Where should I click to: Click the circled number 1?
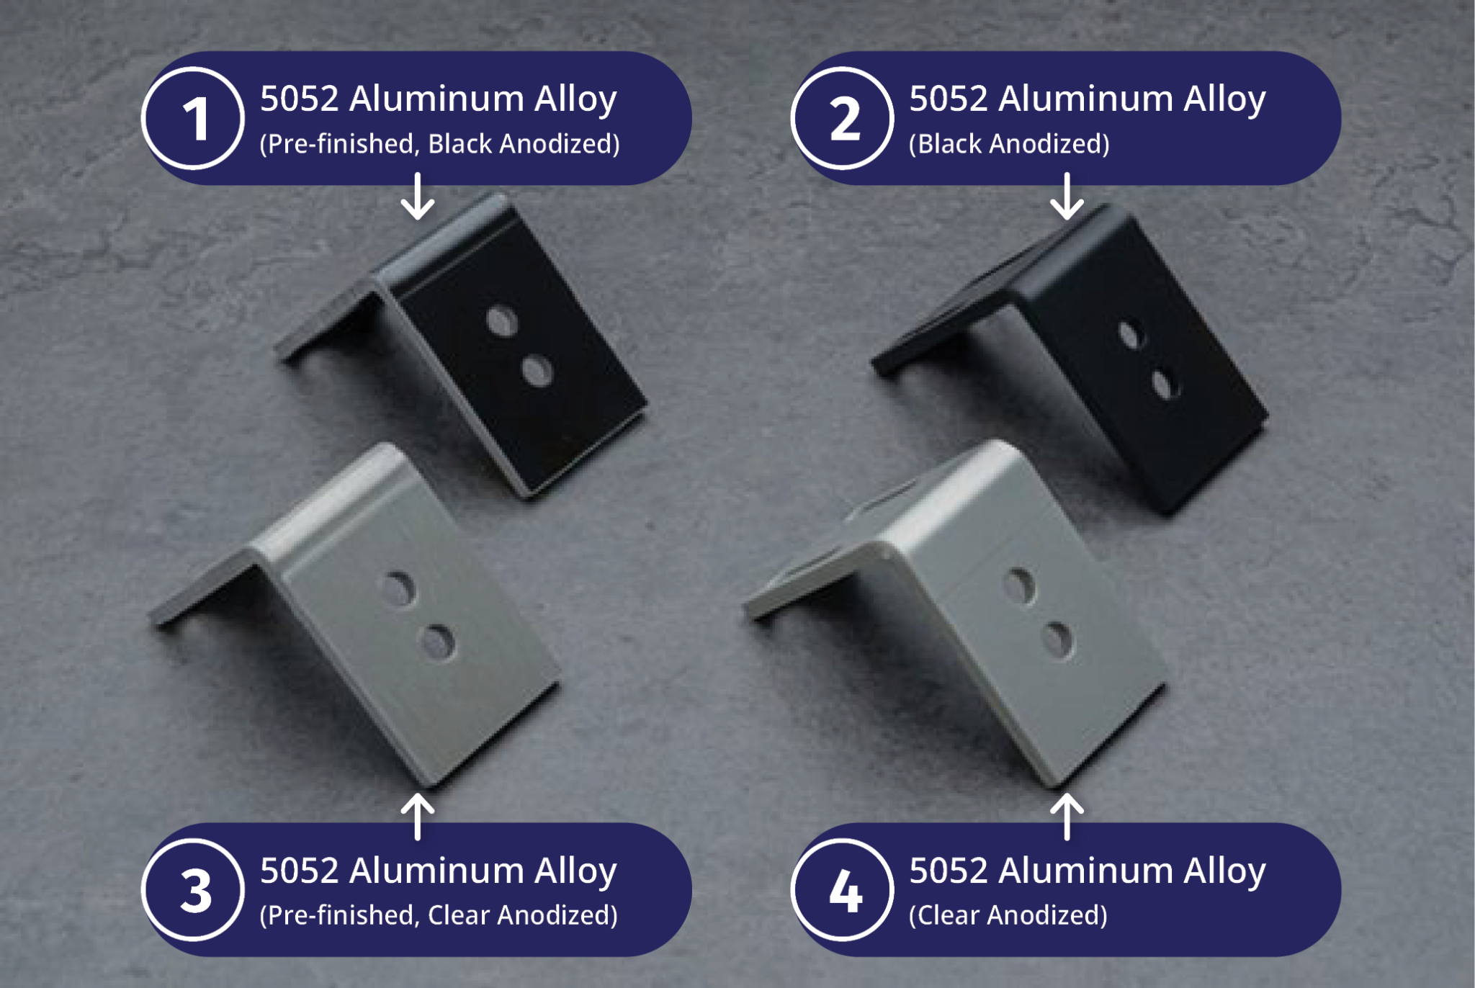pyautogui.click(x=193, y=118)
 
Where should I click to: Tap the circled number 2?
pyautogui.click(x=843, y=118)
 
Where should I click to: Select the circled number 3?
pyautogui.click(x=193, y=890)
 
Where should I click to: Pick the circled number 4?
pyautogui.click(x=843, y=890)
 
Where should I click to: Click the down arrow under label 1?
pyautogui.click(x=418, y=197)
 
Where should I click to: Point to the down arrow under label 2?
pyautogui.click(x=1067, y=197)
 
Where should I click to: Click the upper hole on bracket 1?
pyautogui.click(x=502, y=321)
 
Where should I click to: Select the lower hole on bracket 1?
pyautogui.click(x=537, y=372)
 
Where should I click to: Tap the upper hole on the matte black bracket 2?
pyautogui.click(x=1130, y=335)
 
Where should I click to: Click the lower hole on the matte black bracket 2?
pyautogui.click(x=1163, y=384)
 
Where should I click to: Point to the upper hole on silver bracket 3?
pyautogui.click(x=399, y=588)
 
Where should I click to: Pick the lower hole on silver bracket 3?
pyautogui.click(x=437, y=642)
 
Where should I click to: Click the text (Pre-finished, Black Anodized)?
pyautogui.click(x=439, y=144)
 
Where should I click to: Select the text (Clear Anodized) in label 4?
pyautogui.click(x=1008, y=915)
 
